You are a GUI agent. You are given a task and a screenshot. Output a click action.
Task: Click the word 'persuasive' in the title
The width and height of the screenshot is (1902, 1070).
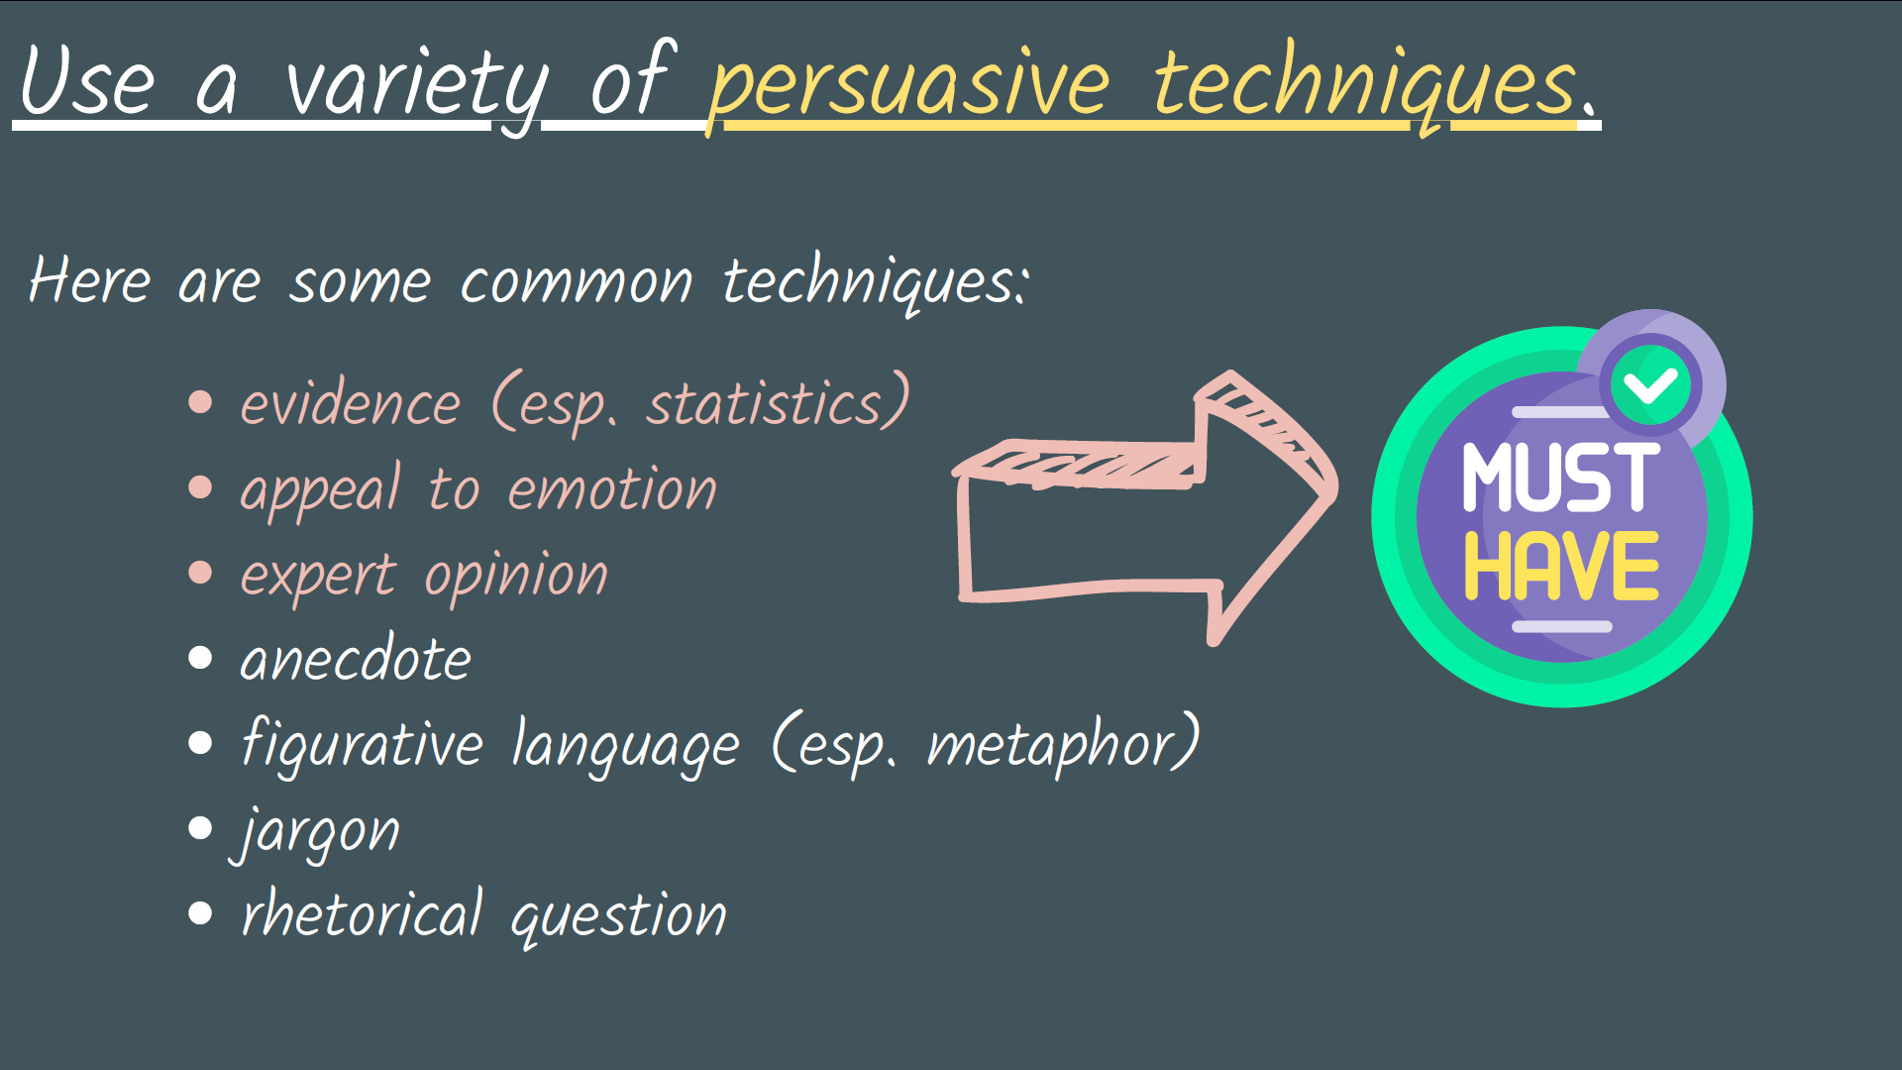(908, 84)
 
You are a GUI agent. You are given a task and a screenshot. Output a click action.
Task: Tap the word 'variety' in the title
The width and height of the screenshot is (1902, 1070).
(416, 84)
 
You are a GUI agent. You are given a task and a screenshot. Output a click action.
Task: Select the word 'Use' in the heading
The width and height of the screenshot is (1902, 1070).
(87, 81)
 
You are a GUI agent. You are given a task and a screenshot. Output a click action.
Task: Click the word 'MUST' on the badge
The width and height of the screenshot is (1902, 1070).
(1560, 479)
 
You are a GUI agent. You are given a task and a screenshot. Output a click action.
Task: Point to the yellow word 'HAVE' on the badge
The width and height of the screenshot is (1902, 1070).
(1561, 567)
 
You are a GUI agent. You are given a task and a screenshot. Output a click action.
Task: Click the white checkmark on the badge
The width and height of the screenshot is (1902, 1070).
(1650, 384)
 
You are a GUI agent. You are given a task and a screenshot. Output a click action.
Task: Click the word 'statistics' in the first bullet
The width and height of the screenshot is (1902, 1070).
(764, 404)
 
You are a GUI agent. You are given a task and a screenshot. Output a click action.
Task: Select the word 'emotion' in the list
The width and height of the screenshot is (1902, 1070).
(611, 490)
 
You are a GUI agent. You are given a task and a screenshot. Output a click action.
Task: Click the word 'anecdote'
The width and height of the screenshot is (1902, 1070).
(355, 660)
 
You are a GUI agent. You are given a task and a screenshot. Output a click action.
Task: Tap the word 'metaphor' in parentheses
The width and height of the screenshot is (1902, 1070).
(1054, 745)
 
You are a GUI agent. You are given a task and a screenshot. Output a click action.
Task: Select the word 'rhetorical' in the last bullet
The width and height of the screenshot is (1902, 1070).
(362, 913)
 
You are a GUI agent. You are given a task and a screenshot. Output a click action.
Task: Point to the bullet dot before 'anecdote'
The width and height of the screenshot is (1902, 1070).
(200, 658)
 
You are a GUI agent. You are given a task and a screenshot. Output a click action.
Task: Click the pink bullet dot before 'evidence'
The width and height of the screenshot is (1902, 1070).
(200, 401)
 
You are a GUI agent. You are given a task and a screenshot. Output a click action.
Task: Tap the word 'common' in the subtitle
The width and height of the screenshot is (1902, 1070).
(576, 282)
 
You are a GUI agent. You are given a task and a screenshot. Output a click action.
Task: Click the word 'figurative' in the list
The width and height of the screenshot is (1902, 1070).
(362, 745)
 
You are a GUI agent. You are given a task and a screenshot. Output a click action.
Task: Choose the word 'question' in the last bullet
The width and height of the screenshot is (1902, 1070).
(618, 916)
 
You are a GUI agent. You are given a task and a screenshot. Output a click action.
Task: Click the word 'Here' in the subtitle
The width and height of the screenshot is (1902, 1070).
(89, 280)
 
